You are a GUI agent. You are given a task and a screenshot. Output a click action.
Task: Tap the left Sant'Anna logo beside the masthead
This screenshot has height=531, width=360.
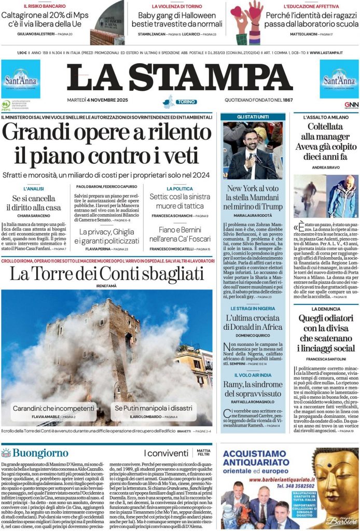point(20,79)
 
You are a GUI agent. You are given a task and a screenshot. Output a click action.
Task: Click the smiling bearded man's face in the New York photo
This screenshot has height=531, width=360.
point(252,142)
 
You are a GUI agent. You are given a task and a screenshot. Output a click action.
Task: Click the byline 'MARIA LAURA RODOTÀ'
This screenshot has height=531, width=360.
point(253,215)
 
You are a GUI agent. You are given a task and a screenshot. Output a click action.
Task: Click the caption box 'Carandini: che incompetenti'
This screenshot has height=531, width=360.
point(54,408)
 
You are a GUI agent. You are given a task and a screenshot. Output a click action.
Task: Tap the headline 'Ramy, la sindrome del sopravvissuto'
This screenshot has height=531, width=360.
point(253,389)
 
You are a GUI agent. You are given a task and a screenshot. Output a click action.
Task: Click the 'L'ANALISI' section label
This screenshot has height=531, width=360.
point(34,189)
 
